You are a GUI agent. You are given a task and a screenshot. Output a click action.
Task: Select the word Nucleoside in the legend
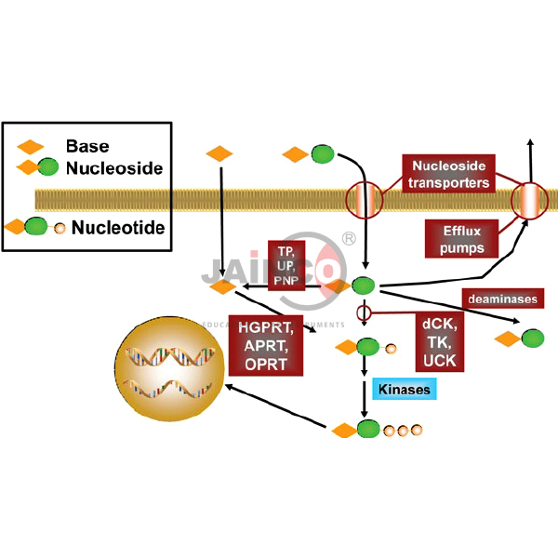[x=114, y=168]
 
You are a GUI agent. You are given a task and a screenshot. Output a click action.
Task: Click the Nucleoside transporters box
[x=449, y=174]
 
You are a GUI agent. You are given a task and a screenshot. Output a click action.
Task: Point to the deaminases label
[x=503, y=299]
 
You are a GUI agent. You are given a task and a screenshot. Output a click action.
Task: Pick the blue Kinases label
[x=402, y=389]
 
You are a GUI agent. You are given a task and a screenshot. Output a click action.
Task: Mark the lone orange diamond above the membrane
[x=219, y=153]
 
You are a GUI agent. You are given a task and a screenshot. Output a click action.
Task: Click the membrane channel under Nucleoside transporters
[x=364, y=199]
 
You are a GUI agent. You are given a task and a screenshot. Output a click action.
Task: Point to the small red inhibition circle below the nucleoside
[x=364, y=312]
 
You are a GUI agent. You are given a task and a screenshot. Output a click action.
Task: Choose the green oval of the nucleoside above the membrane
[x=323, y=153]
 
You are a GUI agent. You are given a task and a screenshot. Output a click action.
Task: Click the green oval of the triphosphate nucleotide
[x=368, y=430]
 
